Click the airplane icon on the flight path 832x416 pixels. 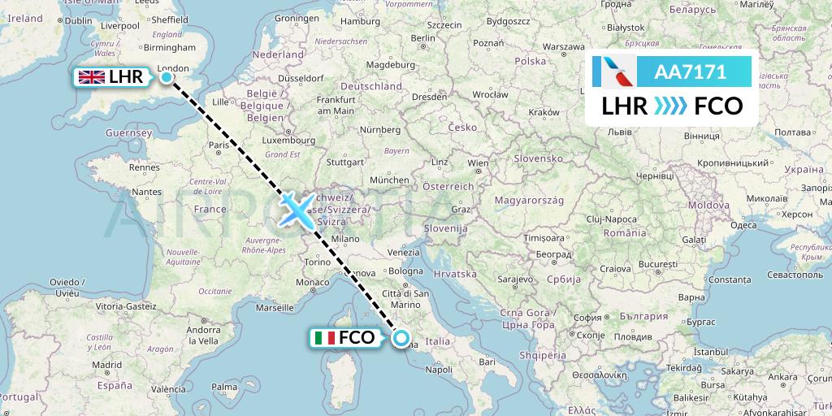(296, 209)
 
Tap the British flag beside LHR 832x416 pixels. (91, 77)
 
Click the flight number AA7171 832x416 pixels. (690, 71)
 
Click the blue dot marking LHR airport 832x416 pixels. (167, 77)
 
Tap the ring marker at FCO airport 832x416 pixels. (401, 338)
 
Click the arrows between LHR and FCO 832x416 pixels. (671, 106)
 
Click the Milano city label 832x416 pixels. (344, 239)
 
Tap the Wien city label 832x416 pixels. (479, 163)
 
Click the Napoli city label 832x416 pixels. (438, 370)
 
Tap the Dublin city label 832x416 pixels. (78, 21)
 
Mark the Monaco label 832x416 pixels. (311, 282)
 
